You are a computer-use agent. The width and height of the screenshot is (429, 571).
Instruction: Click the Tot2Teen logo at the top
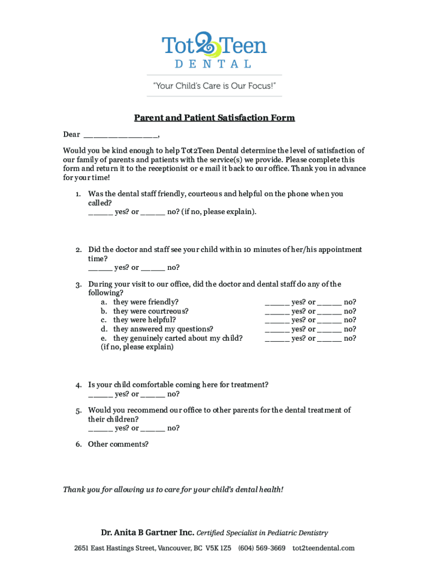tap(214, 50)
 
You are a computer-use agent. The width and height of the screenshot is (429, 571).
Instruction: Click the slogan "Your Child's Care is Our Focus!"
tap(214, 86)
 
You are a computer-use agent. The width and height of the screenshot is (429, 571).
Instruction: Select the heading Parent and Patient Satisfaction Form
tap(214, 118)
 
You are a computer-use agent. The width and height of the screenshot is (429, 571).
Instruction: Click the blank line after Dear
tap(120, 135)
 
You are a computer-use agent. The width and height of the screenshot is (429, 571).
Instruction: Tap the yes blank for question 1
tap(100, 212)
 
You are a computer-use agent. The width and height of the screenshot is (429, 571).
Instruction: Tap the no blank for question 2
tap(153, 268)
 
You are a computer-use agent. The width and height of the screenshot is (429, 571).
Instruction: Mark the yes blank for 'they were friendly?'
tap(277, 303)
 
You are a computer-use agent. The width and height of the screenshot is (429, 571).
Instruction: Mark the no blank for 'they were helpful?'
tap(329, 321)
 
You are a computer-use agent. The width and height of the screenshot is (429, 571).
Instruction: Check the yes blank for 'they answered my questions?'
tap(277, 330)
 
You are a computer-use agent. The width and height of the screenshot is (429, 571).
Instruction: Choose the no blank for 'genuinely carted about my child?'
tap(329, 338)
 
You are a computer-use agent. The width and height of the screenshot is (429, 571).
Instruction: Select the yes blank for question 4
tap(100, 394)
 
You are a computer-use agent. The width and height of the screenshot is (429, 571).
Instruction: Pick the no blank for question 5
tap(153, 429)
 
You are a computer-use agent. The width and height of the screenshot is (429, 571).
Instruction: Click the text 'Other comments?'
tap(118, 444)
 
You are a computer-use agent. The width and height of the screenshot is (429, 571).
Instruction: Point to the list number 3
tap(79, 285)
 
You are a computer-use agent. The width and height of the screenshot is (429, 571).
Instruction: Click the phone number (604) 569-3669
tap(262, 548)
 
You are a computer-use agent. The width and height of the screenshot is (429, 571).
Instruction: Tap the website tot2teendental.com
tap(323, 548)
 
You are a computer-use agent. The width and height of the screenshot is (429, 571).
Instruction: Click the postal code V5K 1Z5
tap(219, 548)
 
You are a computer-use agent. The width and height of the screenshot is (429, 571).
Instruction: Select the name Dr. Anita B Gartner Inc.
tap(147, 533)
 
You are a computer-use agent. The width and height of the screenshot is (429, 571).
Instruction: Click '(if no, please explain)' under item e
tap(137, 347)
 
